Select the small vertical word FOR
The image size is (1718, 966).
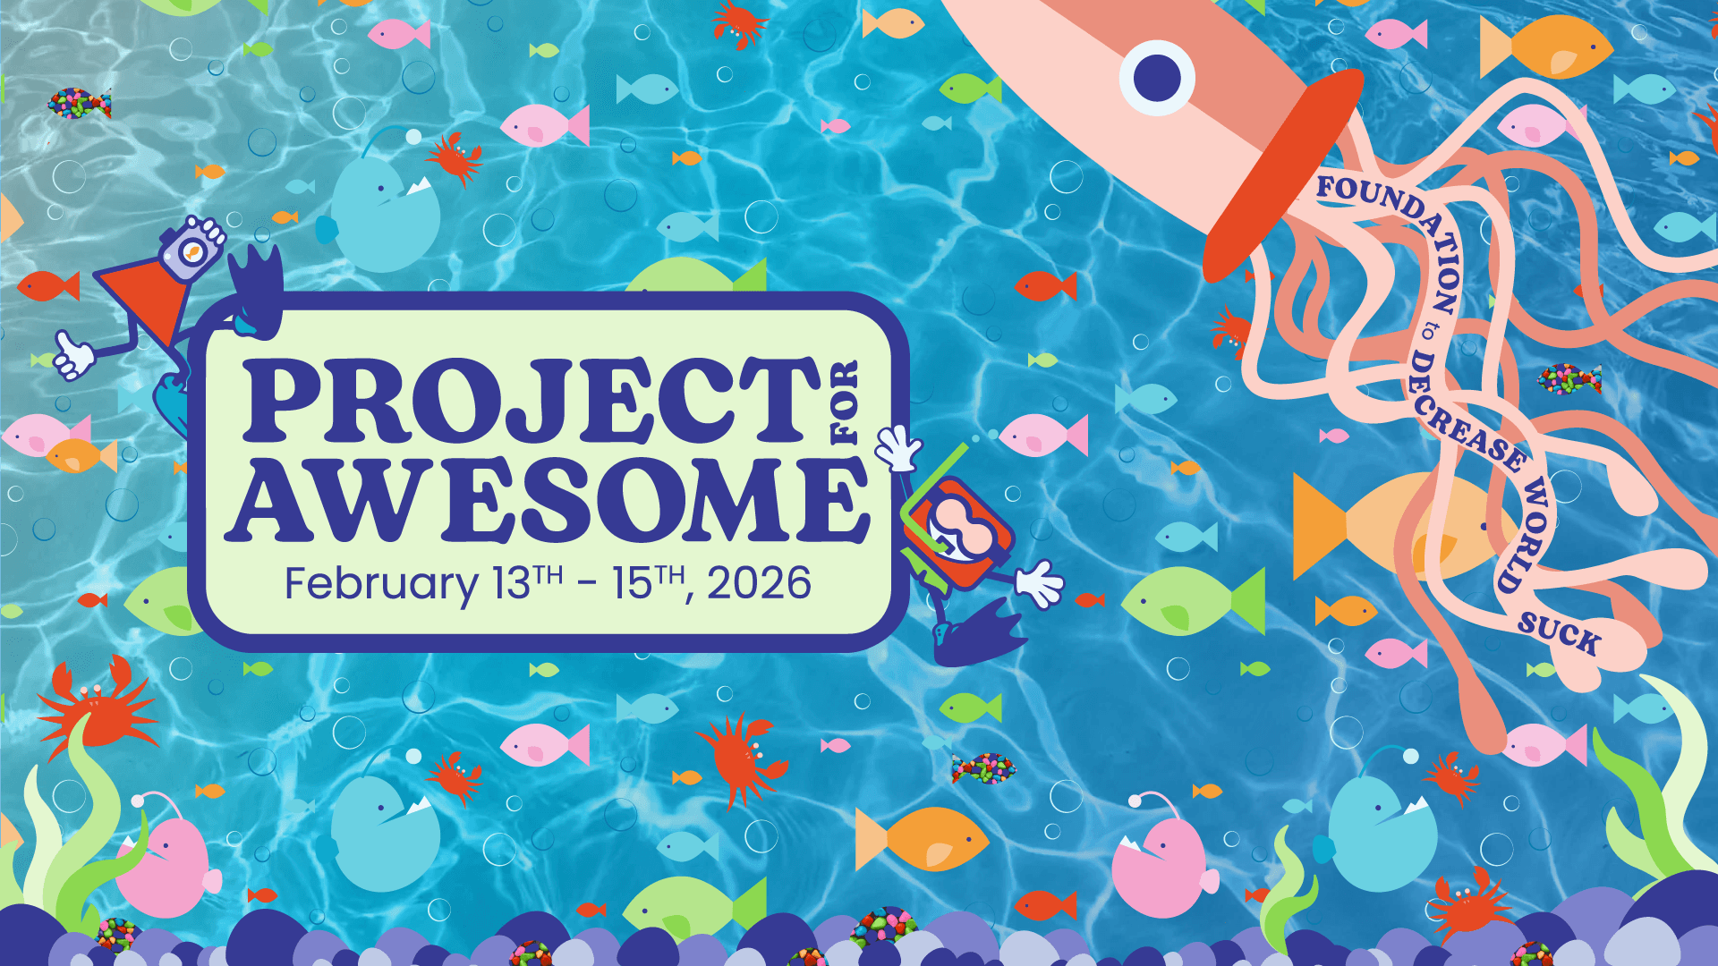coord(846,402)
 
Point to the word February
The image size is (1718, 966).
coord(381,585)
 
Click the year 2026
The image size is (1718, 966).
coord(760,583)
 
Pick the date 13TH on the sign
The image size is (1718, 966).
coord(528,582)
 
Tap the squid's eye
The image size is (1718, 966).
coord(1157,77)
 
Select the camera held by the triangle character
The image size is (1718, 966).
coord(191,248)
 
